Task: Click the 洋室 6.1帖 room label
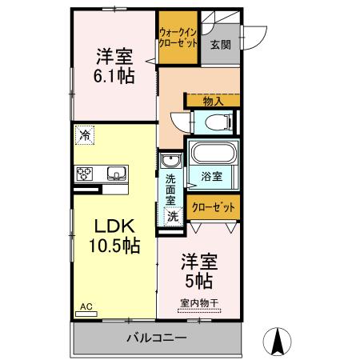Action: click(x=114, y=66)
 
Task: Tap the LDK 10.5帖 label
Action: click(x=110, y=236)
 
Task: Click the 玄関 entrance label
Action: click(x=220, y=45)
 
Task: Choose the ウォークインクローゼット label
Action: click(x=178, y=37)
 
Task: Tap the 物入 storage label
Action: click(x=212, y=101)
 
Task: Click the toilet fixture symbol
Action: click(x=217, y=122)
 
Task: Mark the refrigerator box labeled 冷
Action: click(x=85, y=136)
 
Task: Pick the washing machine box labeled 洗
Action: click(x=171, y=216)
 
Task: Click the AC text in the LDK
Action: click(x=86, y=306)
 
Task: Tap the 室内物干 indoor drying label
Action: click(x=198, y=302)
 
